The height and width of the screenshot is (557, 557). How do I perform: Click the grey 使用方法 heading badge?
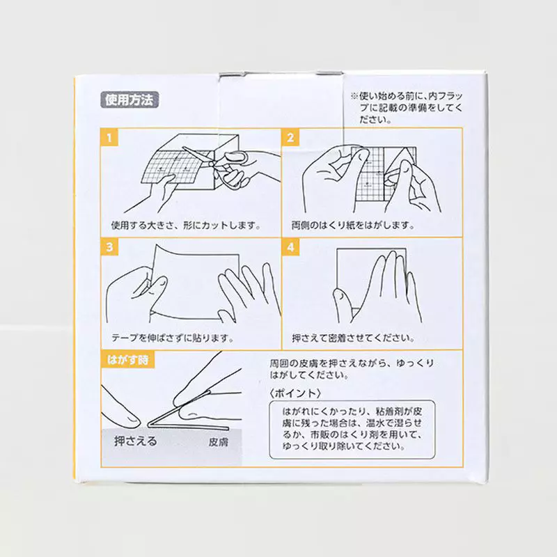[130, 100]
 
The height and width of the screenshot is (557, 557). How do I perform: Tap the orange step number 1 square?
[109, 137]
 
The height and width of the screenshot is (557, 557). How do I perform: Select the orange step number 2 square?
[290, 137]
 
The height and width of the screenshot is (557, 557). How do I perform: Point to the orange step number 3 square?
[109, 247]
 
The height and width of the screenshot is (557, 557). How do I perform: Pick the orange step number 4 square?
[290, 247]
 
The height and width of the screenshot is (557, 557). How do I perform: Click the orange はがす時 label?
[128, 359]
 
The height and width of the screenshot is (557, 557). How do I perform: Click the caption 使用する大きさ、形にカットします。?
[186, 225]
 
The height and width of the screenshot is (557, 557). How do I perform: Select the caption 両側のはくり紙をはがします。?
[353, 225]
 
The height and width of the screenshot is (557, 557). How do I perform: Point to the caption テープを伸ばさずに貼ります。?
[173, 338]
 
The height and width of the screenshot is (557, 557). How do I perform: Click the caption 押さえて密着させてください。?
[353, 338]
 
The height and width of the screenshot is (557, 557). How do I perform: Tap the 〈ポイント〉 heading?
[295, 393]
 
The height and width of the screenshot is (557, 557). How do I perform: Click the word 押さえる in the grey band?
[135, 441]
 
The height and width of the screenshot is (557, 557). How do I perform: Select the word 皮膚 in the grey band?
[218, 442]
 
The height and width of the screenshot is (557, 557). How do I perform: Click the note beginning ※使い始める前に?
[407, 107]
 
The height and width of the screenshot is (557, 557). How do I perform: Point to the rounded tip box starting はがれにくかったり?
[352, 430]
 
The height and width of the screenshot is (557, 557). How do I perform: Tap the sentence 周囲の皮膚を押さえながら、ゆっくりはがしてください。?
[352, 369]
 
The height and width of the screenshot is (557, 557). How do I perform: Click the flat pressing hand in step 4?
[377, 288]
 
